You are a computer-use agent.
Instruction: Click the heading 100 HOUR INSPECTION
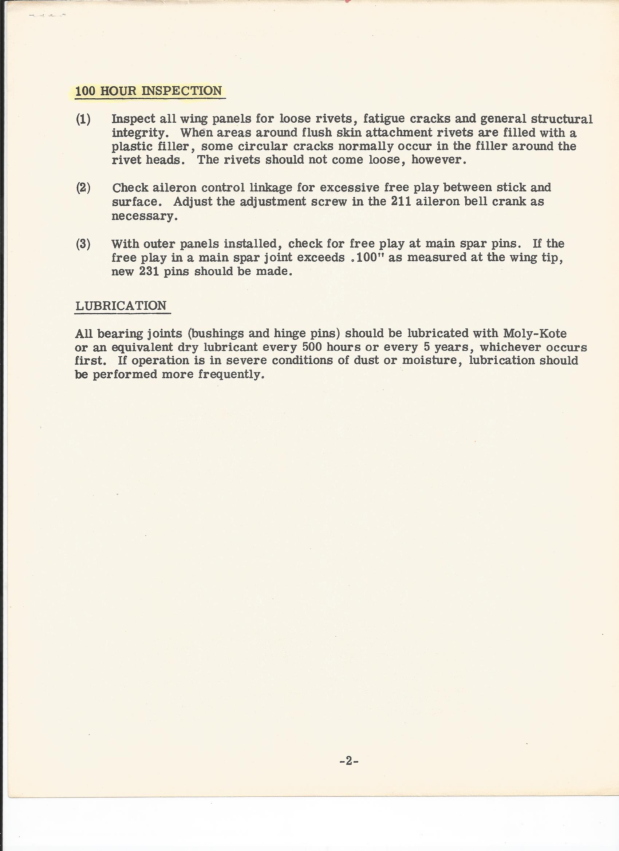tap(149, 91)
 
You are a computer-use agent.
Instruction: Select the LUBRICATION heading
tap(121, 305)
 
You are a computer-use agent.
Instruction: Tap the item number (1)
tap(83, 119)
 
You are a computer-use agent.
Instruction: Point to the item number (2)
tap(83, 187)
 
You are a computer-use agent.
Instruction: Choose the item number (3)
tap(83, 244)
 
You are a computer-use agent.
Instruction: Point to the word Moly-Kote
tap(535, 333)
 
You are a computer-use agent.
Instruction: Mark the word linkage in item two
tap(271, 187)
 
